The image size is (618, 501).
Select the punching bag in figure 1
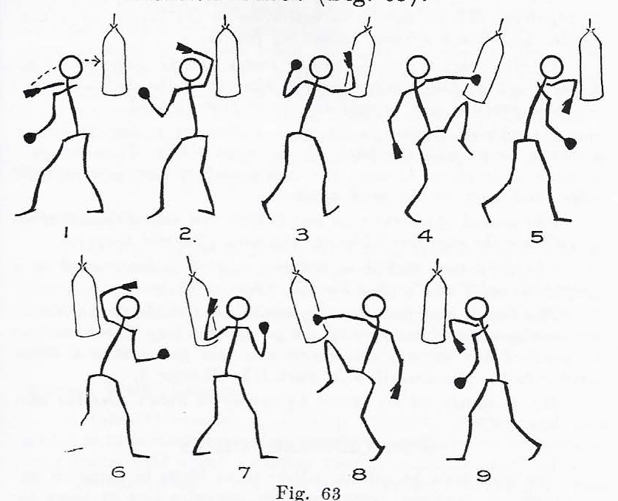(114, 63)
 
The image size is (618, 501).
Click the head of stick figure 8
(374, 304)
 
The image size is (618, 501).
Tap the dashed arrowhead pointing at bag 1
(95, 60)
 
